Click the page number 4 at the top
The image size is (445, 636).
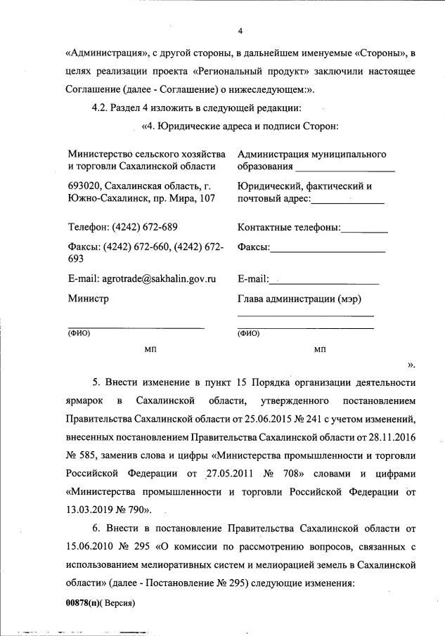[240, 32]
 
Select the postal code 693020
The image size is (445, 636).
[84, 186]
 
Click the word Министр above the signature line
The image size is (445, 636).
[89, 298]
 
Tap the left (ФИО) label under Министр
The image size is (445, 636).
[79, 334]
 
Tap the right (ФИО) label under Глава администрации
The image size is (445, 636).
[249, 334]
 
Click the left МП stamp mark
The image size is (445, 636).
[150, 349]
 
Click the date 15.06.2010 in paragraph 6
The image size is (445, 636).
[90, 546]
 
